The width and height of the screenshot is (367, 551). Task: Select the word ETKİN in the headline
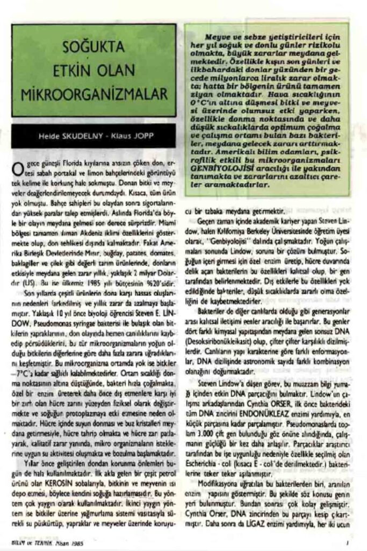74,73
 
